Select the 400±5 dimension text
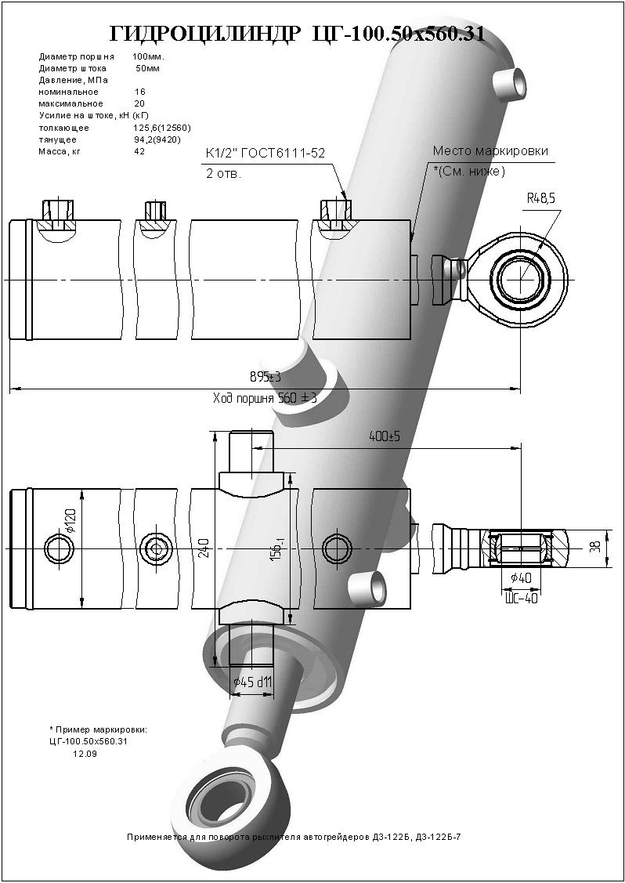tap(384, 436)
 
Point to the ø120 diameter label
tap(71, 522)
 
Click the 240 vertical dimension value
tap(204, 548)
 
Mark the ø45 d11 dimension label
tap(253, 682)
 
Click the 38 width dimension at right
tap(599, 547)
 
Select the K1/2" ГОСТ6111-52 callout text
tap(266, 154)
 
